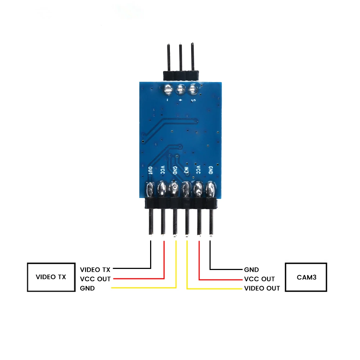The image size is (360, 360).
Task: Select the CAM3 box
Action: pyautogui.click(x=306, y=277)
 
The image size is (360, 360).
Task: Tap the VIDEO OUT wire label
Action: pyautogui.click(x=262, y=288)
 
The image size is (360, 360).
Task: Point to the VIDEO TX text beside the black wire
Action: pyautogui.click(x=95, y=269)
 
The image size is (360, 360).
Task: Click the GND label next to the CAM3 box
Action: pyautogui.click(x=251, y=269)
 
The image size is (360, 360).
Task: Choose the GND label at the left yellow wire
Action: pyautogui.click(x=87, y=288)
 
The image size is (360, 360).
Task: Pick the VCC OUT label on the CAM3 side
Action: pyautogui.click(x=259, y=279)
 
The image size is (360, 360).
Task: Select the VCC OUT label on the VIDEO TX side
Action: pyautogui.click(x=95, y=279)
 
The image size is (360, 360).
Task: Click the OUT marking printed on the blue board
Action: pyautogui.click(x=150, y=170)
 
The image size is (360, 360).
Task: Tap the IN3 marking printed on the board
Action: pyautogui.click(x=186, y=170)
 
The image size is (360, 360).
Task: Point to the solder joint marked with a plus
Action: pyautogui.click(x=180, y=88)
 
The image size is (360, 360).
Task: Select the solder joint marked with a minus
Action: pyautogui.click(x=168, y=88)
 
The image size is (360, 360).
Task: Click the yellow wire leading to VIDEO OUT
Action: pyautogui.click(x=216, y=288)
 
